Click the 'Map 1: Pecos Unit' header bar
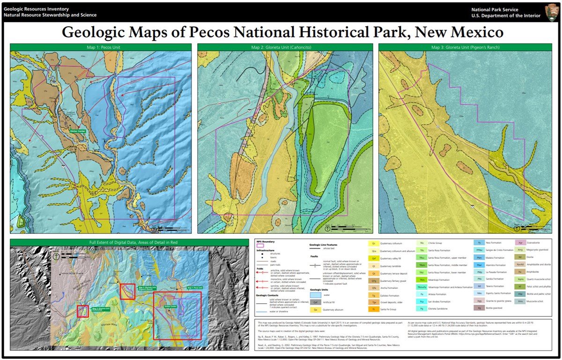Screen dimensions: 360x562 [101, 47]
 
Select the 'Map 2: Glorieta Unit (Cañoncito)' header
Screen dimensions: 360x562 [285, 47]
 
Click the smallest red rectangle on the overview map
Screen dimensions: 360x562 [83, 311]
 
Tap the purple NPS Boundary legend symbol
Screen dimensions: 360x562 [261, 245]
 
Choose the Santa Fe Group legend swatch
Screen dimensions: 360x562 [374, 309]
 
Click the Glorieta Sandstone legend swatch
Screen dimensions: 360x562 [422, 309]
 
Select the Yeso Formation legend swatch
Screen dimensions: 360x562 [480, 243]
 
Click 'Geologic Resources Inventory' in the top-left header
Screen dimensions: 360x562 [36, 9]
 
